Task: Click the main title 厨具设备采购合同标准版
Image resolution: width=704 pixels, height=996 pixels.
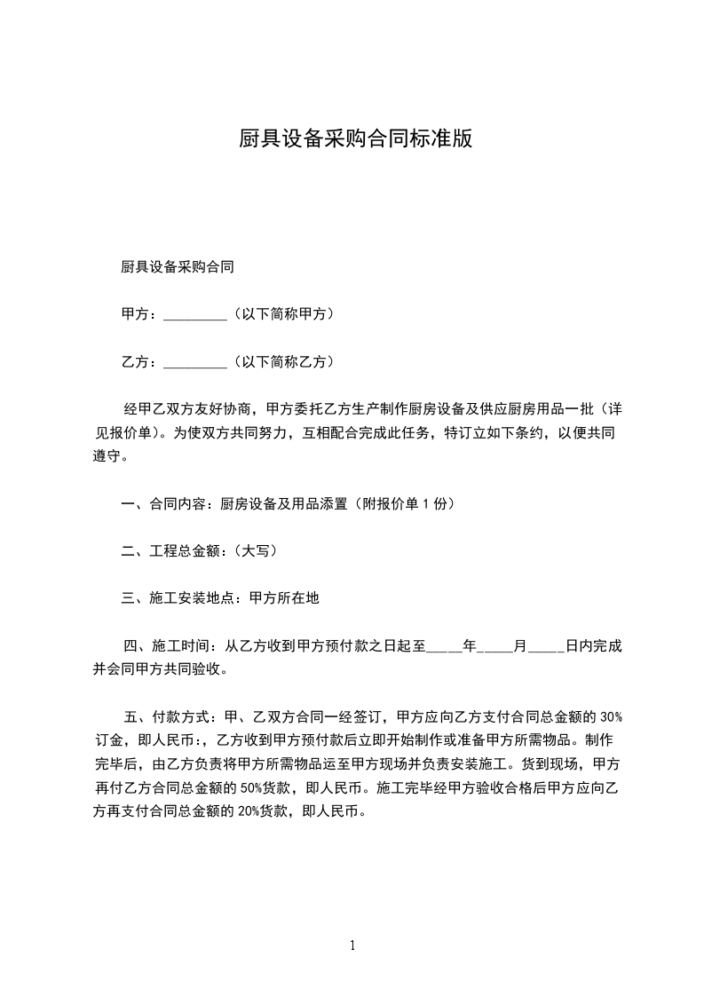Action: [x=355, y=138]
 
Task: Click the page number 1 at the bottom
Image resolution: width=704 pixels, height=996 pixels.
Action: [x=352, y=945]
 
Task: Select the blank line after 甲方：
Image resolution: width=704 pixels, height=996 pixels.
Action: [x=196, y=314]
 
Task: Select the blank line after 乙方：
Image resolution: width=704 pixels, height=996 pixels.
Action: [x=196, y=362]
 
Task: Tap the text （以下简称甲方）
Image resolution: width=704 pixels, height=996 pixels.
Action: [x=282, y=314]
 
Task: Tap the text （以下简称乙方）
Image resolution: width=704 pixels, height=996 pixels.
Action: [x=282, y=362]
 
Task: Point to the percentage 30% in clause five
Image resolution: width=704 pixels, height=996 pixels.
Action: [x=612, y=716]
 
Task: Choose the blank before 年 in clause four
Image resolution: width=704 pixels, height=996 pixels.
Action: [x=444, y=647]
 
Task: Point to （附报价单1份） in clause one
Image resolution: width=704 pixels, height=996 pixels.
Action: [x=404, y=504]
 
